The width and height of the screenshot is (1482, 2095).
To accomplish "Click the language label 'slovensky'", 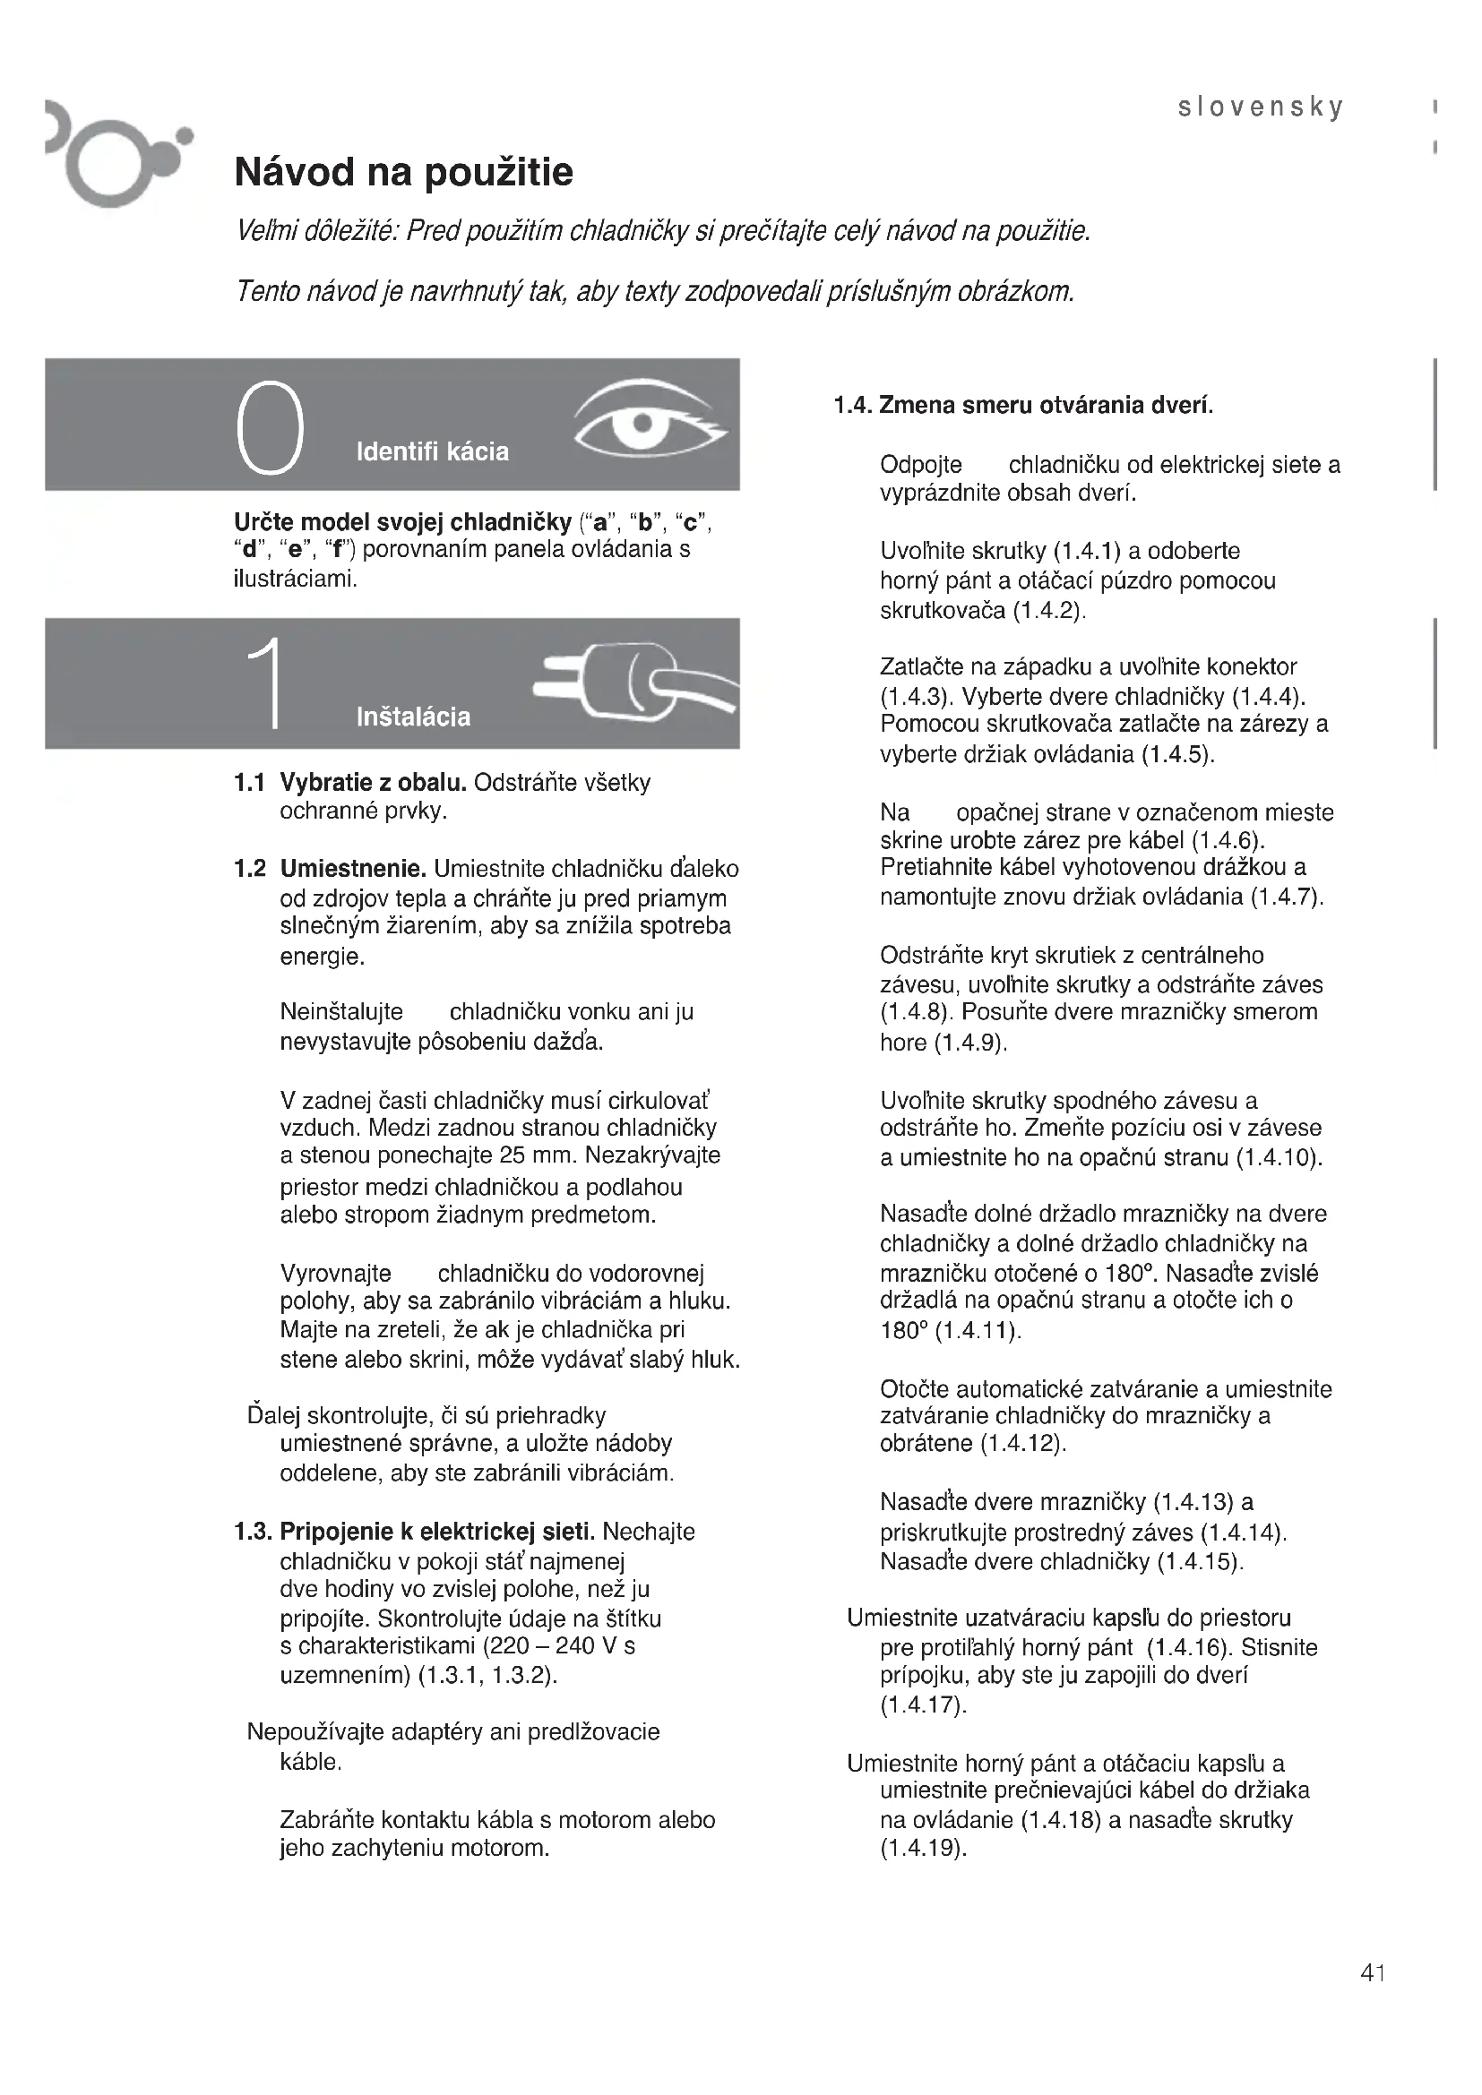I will tap(1261, 107).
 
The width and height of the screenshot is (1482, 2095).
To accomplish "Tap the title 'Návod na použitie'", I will tap(403, 172).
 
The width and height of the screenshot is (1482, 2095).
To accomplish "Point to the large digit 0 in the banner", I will tap(269, 428).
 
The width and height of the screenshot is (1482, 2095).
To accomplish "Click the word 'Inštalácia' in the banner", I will tap(413, 717).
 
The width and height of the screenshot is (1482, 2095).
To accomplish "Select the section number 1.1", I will tap(249, 783).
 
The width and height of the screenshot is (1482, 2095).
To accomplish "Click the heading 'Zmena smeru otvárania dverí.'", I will tap(1046, 405).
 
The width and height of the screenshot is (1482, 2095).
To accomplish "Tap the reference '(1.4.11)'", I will tap(978, 1331).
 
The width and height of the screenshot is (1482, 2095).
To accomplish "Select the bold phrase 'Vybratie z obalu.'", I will tap(374, 783).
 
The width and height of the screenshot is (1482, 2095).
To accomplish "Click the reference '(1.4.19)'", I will tap(923, 1849).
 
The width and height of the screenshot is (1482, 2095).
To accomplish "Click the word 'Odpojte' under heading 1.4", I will tap(921, 466).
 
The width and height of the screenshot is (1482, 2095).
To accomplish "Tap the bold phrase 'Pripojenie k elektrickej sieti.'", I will tap(438, 1531).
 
